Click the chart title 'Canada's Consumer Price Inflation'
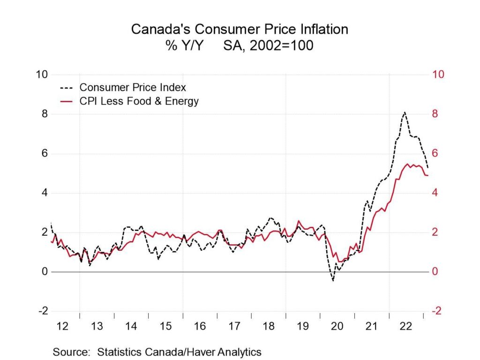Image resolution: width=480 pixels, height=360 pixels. (240, 29)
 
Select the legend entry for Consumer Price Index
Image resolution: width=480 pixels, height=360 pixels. (133, 88)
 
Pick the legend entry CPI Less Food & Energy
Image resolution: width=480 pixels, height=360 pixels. (139, 101)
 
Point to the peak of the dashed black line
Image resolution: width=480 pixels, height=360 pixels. (405, 112)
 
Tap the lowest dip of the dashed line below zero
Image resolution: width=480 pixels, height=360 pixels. (333, 280)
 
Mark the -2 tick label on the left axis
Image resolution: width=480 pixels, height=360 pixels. (42, 311)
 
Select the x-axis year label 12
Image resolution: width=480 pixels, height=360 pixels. (62, 326)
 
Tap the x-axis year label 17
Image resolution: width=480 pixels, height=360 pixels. (234, 326)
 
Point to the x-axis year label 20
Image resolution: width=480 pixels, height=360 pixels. (337, 326)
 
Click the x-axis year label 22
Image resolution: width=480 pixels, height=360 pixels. (406, 326)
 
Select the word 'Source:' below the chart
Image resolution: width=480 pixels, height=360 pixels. (71, 352)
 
